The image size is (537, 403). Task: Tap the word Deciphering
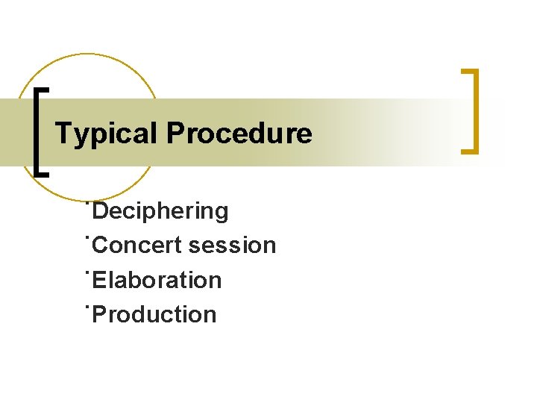coord(161,211)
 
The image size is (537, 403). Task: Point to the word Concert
coord(139,246)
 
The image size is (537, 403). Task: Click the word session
coord(233,246)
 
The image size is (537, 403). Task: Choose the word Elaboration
coord(157,280)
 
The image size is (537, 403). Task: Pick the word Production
coord(155,314)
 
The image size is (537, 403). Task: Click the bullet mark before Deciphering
coord(88,202)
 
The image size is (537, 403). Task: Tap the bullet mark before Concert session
coord(88,237)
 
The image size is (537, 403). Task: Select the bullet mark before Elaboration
coord(88,271)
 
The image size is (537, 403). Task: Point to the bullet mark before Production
coord(88,305)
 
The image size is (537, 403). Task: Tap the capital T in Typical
coord(63,134)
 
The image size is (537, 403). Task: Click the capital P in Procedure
coord(175,134)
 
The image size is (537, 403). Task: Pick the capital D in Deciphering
coord(102,211)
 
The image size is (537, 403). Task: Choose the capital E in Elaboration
coord(101,280)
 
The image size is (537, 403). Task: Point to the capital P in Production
coord(101,314)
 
